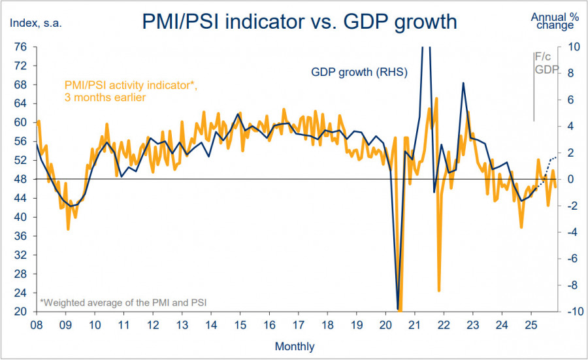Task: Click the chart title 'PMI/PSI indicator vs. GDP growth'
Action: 299,22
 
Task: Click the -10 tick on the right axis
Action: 568,312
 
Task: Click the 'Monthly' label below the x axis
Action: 294,346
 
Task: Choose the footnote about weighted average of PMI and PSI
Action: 123,303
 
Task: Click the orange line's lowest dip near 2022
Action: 439,290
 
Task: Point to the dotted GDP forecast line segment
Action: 547,163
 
